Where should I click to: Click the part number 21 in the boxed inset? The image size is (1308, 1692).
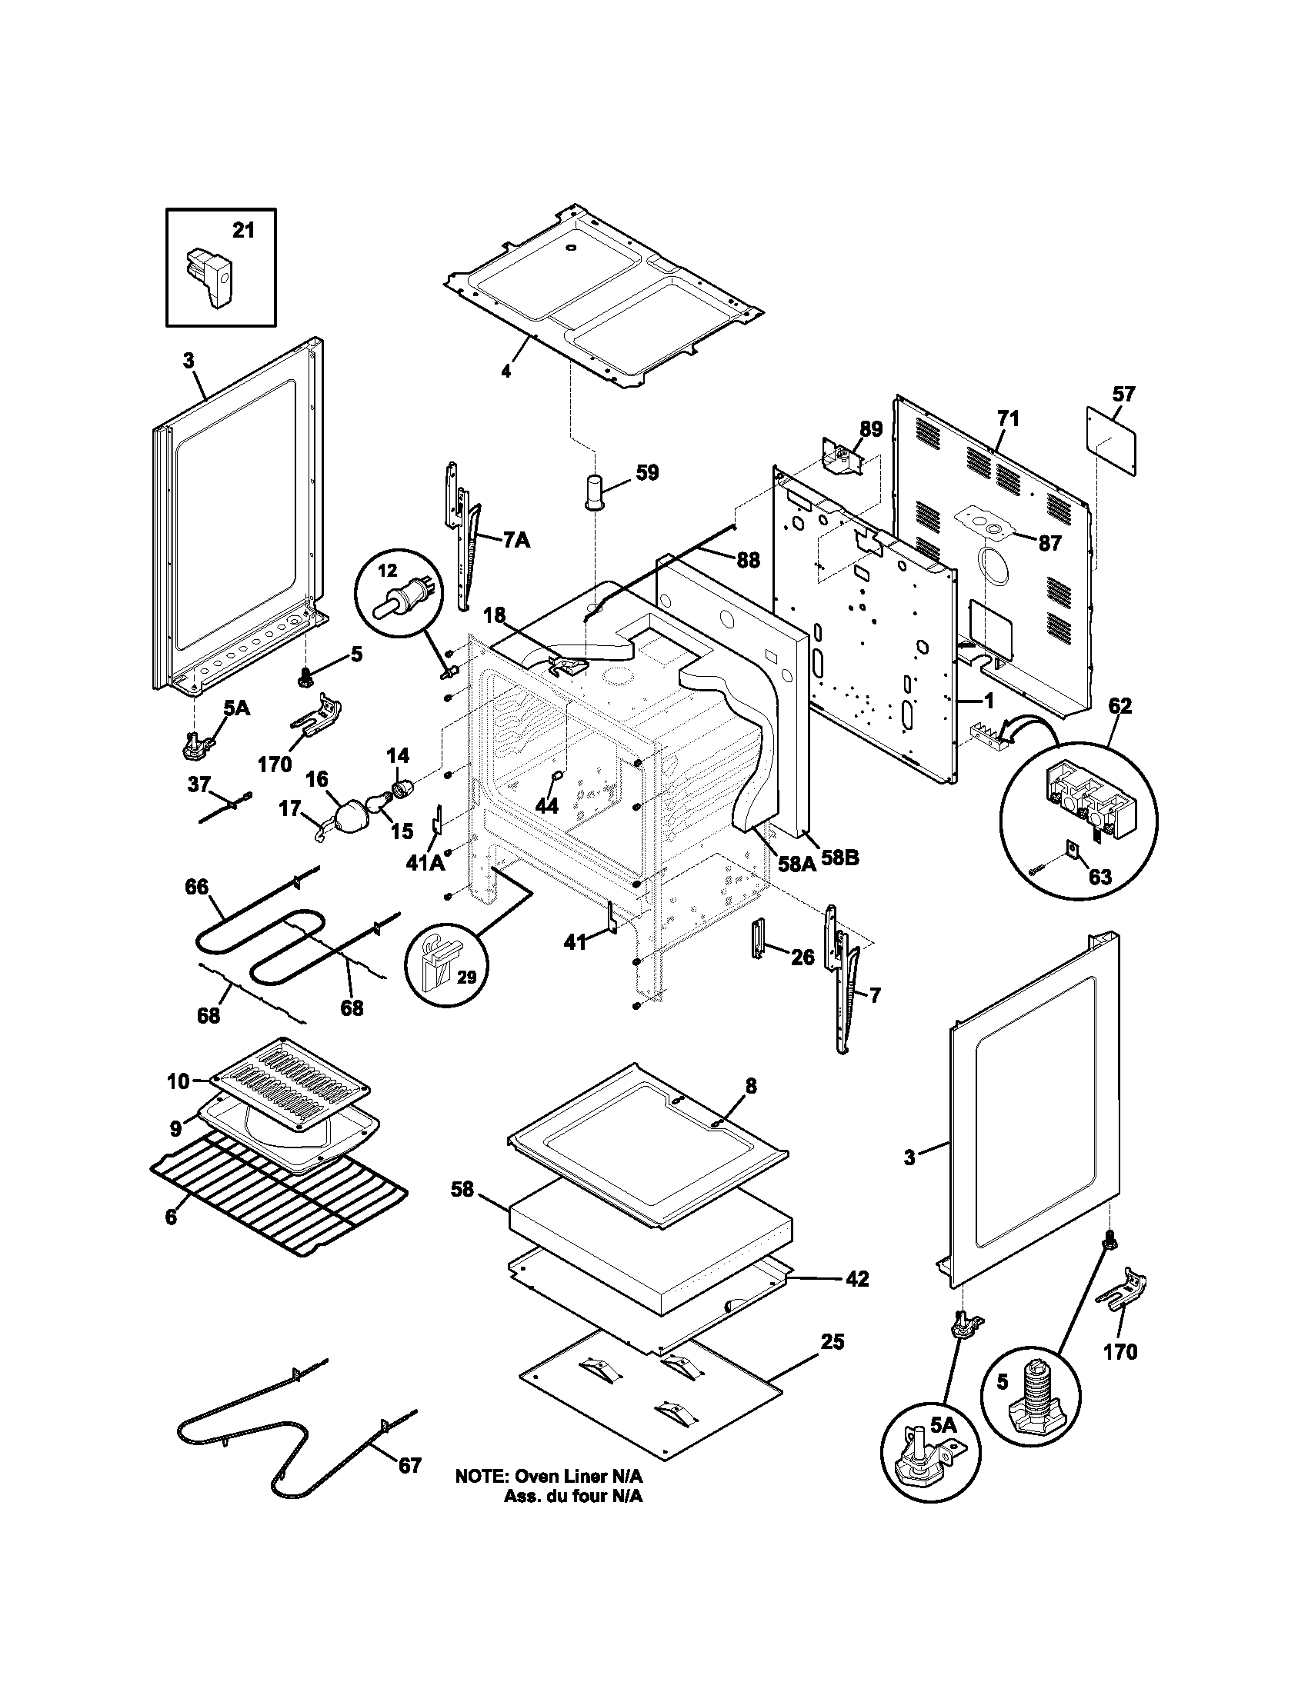[x=243, y=230]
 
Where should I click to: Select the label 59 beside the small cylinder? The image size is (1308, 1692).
[x=647, y=471]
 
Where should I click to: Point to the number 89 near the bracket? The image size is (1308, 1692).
[x=872, y=429]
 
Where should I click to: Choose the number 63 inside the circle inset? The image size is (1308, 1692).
[x=1099, y=876]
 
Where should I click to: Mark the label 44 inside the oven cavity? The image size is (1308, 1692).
[x=547, y=806]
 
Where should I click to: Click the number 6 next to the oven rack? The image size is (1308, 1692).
[x=171, y=1217]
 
